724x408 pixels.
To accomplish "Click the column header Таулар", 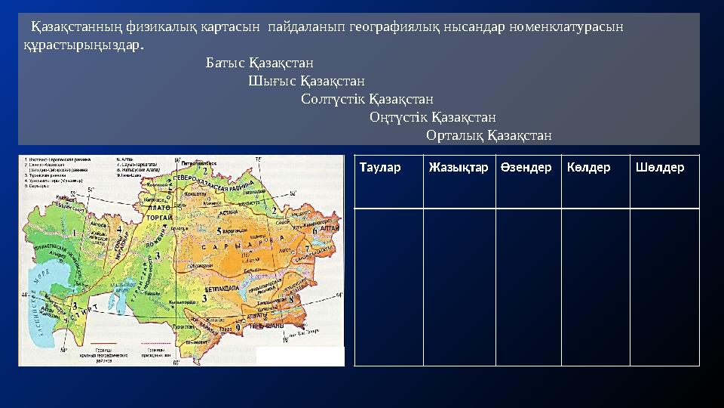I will (x=380, y=167).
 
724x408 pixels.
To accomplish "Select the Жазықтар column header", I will (x=458, y=167).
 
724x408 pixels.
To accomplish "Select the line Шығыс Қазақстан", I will (x=306, y=80).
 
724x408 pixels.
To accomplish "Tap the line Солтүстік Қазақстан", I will (x=367, y=98).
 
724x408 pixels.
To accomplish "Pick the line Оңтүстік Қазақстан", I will (x=433, y=117).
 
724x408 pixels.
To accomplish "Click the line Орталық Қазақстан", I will (x=489, y=136).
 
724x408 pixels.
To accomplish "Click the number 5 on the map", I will (x=219, y=230).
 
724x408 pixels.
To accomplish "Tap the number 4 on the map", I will (x=120, y=227).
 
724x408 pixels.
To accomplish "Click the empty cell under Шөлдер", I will (x=664, y=287).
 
